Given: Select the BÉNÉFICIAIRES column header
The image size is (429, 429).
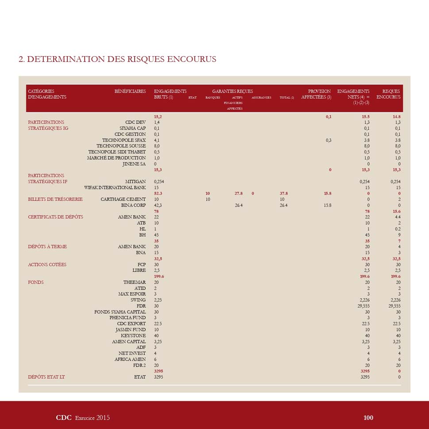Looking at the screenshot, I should (x=130, y=91).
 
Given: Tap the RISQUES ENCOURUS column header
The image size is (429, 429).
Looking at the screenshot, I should (x=388, y=94).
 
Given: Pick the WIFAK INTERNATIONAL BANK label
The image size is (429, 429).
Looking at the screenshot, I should (x=115, y=188).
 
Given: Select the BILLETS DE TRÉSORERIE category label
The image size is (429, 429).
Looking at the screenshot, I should (x=55, y=199).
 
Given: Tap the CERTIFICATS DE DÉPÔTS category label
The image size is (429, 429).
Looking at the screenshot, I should (x=55, y=217).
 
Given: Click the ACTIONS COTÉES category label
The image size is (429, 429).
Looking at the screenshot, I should (x=47, y=264).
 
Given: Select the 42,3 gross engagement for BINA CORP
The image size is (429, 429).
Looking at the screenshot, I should (x=158, y=205).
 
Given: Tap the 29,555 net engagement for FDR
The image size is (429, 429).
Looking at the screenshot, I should (x=363, y=306).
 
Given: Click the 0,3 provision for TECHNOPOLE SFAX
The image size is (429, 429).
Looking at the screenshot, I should (x=328, y=140).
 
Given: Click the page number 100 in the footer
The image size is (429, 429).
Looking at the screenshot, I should (x=368, y=418).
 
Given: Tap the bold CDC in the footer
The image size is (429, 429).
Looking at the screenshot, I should (x=64, y=418).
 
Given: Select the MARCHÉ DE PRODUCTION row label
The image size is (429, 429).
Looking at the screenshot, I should (x=116, y=158).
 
